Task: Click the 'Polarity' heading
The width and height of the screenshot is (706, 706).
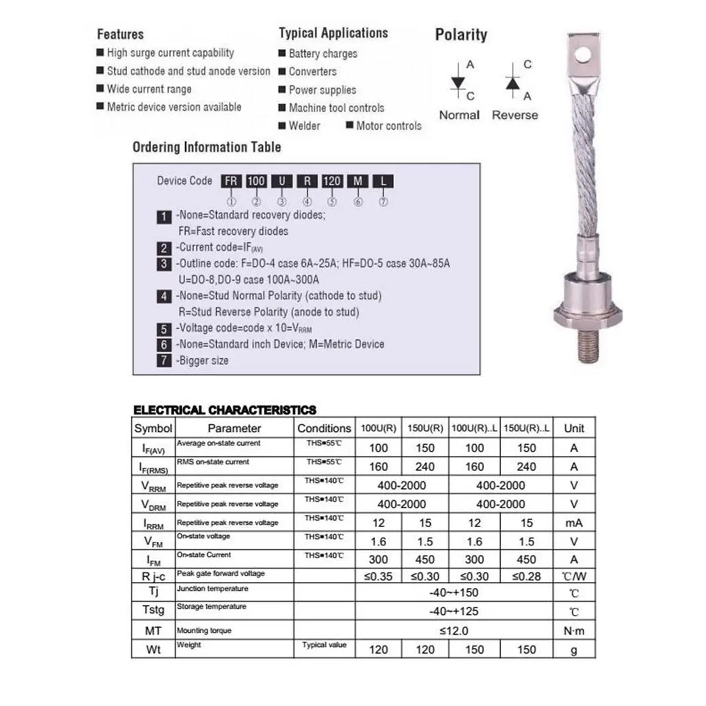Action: click(461, 35)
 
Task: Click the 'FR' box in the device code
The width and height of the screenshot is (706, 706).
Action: click(231, 181)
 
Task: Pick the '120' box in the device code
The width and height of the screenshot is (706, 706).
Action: click(332, 181)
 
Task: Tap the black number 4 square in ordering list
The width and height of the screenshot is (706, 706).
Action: click(164, 297)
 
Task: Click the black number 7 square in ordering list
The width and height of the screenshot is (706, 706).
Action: click(164, 361)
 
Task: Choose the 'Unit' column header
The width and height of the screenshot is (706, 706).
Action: click(574, 428)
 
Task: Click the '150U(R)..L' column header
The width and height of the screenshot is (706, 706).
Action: click(527, 428)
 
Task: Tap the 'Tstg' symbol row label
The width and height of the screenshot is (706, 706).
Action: click(153, 610)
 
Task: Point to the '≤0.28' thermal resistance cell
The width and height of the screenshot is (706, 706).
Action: click(527, 577)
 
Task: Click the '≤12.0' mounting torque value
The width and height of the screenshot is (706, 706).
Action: click(454, 631)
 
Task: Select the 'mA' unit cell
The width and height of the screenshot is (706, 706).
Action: click(574, 523)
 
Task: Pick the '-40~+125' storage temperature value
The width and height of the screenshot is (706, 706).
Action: click(454, 611)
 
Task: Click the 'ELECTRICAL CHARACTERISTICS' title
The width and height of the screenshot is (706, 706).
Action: click(225, 410)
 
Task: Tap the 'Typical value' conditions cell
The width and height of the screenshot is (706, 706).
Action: click(324, 645)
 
